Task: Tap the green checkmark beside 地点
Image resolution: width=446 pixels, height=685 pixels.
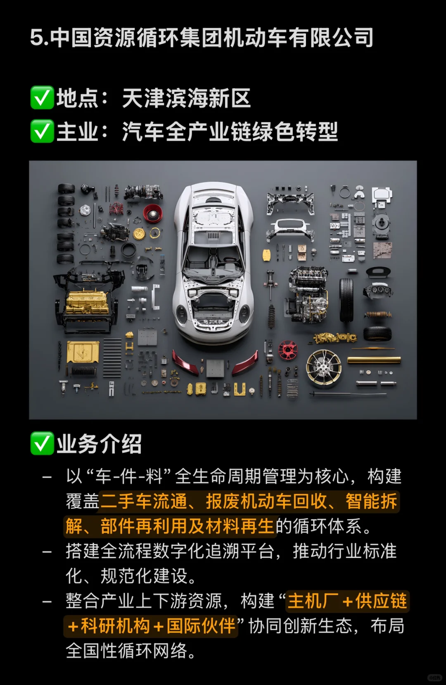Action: tap(42, 98)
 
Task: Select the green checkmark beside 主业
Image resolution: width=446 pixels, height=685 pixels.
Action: tap(42, 132)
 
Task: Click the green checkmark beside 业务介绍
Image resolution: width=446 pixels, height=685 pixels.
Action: tap(42, 444)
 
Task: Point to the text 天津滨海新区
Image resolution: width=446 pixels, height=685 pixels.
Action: tap(186, 98)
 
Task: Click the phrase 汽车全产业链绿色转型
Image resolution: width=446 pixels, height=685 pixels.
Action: tap(230, 132)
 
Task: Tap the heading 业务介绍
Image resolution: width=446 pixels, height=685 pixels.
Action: tap(99, 444)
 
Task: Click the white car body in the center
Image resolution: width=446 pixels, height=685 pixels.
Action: tap(213, 261)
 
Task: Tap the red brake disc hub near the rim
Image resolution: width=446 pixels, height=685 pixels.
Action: tap(288, 350)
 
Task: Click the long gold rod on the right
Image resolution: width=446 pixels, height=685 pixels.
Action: tap(374, 361)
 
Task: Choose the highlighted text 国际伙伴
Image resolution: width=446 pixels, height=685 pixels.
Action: tap(201, 626)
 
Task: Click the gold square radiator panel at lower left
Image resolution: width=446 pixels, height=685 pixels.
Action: tap(83, 352)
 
